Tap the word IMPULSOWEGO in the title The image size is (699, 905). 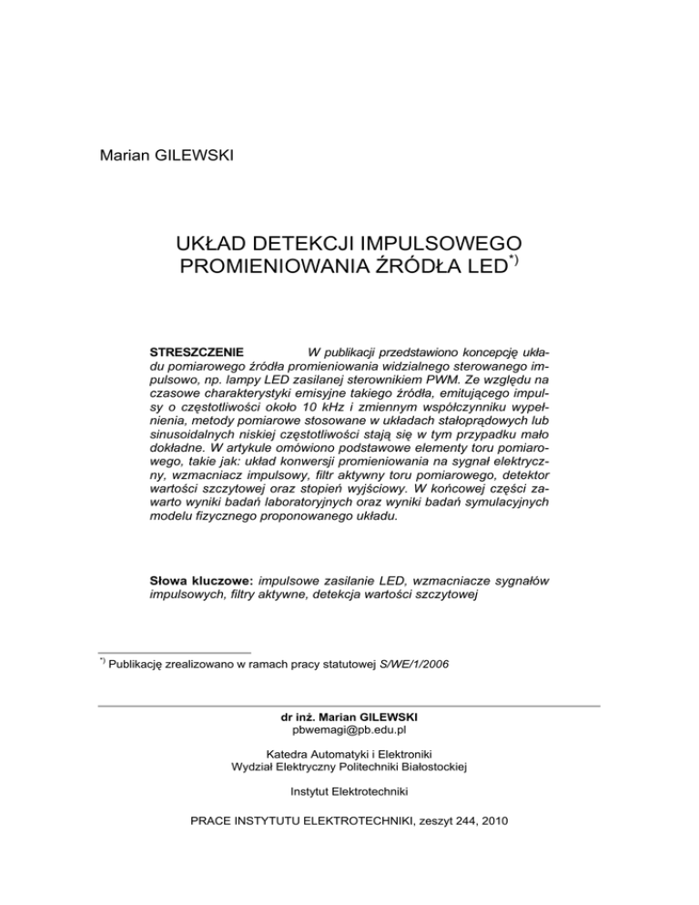pos(451,243)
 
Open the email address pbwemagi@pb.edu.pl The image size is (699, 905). pos(349,731)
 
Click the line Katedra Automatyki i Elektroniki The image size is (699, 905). pos(349,754)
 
